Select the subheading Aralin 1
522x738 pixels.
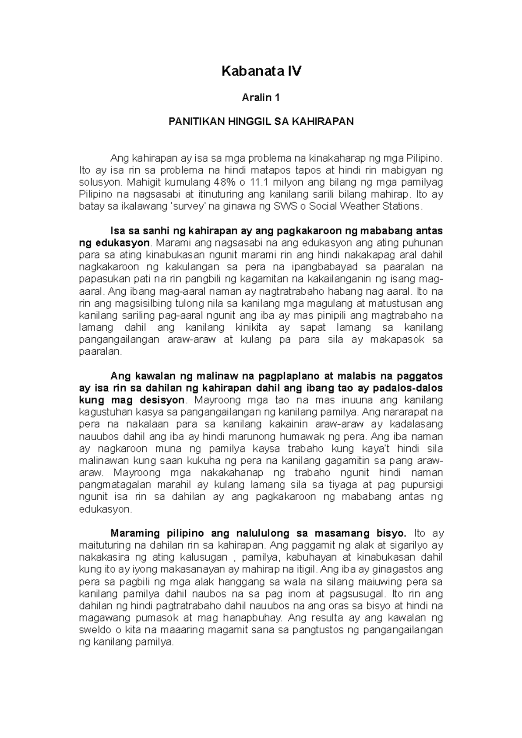[x=261, y=98]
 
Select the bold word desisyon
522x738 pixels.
[x=164, y=400]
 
